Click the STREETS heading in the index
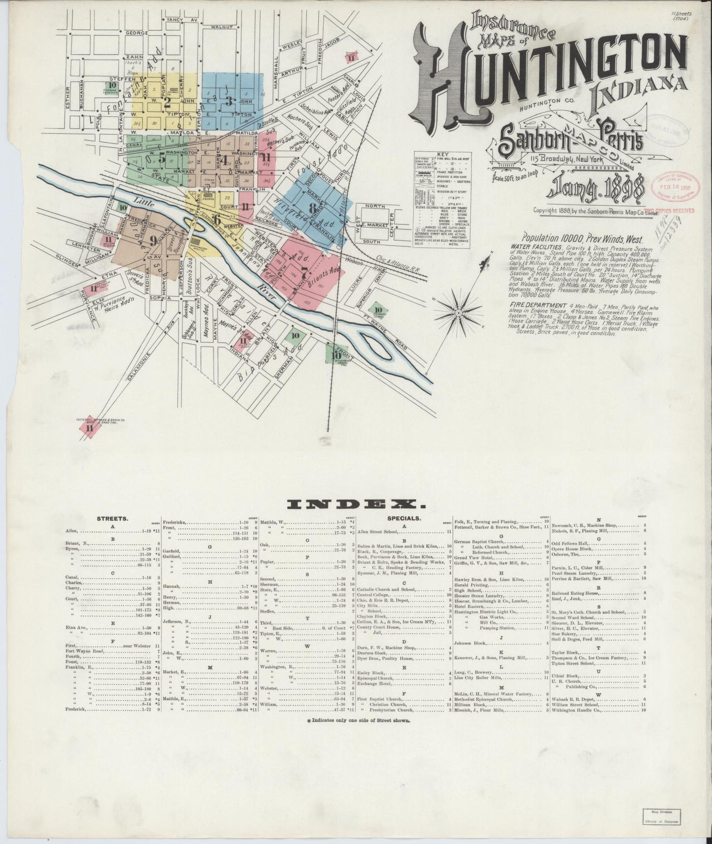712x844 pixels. (x=113, y=519)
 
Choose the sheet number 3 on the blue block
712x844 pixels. (x=228, y=102)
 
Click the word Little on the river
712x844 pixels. (x=143, y=202)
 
